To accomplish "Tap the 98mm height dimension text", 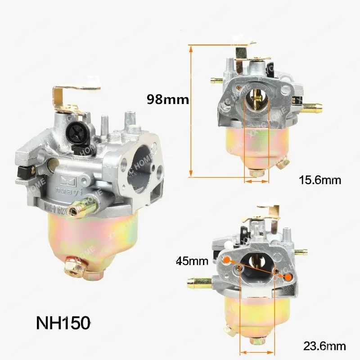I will [x=168, y=99].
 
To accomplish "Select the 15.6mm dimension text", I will [x=320, y=180].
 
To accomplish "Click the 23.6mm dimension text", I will [x=325, y=346].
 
